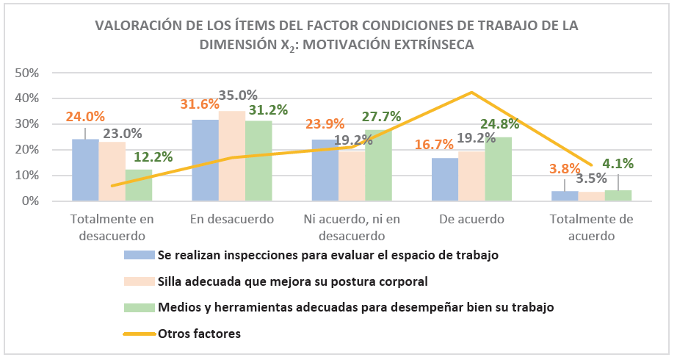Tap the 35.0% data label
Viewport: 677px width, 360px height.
pos(238,96)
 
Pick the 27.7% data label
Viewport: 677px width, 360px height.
pos(383,116)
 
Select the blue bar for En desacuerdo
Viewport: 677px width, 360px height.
pos(205,160)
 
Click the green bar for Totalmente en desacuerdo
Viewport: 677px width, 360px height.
pos(139,185)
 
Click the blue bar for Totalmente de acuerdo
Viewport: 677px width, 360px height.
pos(565,196)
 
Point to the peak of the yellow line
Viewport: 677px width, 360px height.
pos(471,93)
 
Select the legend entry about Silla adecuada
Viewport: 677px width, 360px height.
pos(292,281)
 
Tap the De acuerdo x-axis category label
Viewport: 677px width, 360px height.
pos(472,219)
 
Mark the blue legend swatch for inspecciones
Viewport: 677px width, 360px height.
pos(139,255)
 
